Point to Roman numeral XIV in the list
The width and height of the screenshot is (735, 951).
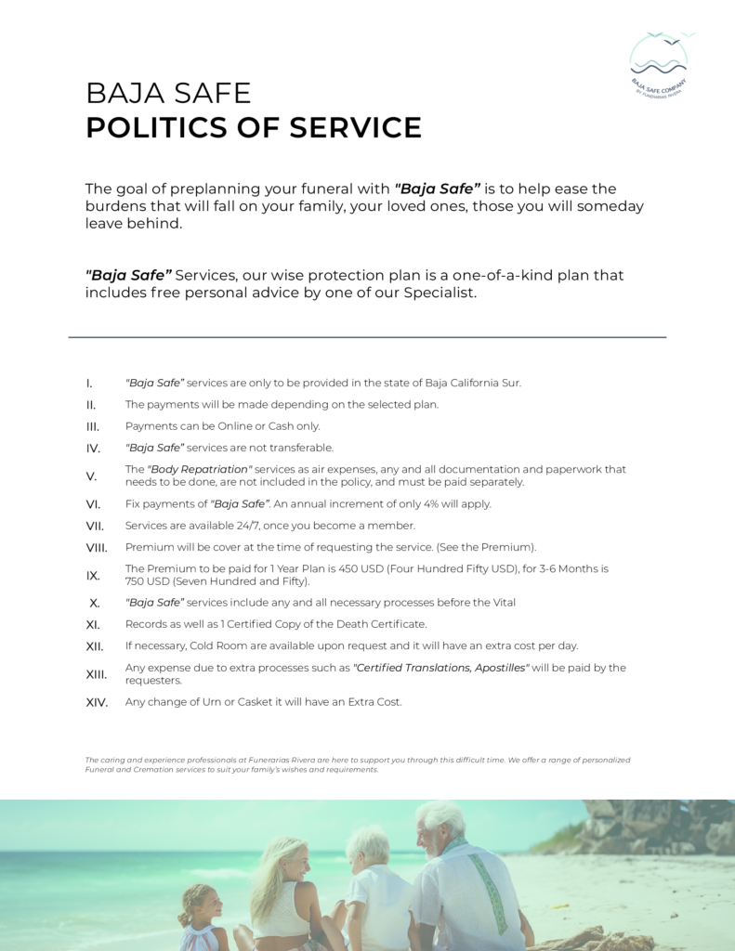pos(97,702)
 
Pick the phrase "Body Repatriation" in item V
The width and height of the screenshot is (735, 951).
pos(200,470)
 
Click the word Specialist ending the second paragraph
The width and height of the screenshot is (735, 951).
pos(438,293)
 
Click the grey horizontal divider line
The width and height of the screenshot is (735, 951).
pos(367,337)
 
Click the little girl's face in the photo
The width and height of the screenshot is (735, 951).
pos(208,903)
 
